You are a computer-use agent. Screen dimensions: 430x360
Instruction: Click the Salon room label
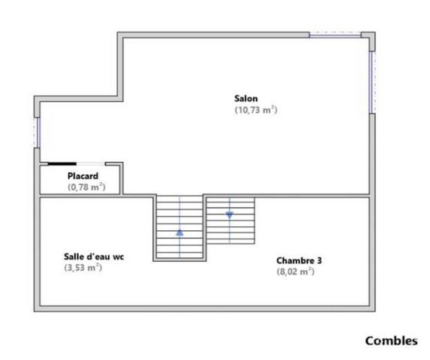click(x=246, y=98)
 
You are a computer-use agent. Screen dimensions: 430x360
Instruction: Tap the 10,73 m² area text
click(x=256, y=109)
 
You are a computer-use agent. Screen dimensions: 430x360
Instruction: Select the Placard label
click(x=83, y=176)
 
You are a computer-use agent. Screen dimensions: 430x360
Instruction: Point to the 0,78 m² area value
click(x=86, y=187)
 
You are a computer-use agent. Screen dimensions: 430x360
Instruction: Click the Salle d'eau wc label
click(x=94, y=256)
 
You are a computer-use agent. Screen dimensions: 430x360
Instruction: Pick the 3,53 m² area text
click(x=83, y=268)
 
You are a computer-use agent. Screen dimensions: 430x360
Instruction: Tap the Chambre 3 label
click(x=299, y=260)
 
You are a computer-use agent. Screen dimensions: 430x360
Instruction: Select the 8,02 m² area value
click(x=296, y=271)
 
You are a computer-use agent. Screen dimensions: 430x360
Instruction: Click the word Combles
click(x=391, y=341)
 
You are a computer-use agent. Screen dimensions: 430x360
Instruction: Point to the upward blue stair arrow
click(x=179, y=232)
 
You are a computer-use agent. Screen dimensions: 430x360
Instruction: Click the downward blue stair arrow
click(x=230, y=215)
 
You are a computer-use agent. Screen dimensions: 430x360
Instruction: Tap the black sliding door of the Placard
click(x=62, y=163)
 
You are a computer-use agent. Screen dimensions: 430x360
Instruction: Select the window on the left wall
click(x=38, y=133)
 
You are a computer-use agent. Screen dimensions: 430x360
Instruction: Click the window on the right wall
click(x=372, y=82)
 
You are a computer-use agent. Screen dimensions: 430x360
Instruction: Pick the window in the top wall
click(x=335, y=34)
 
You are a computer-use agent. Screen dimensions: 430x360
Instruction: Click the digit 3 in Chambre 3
click(x=319, y=260)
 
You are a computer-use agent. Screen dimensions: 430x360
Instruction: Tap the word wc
click(x=119, y=257)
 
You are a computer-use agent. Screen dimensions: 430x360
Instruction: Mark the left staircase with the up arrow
click(x=179, y=226)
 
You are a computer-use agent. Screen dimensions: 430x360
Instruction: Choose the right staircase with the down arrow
click(x=230, y=220)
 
